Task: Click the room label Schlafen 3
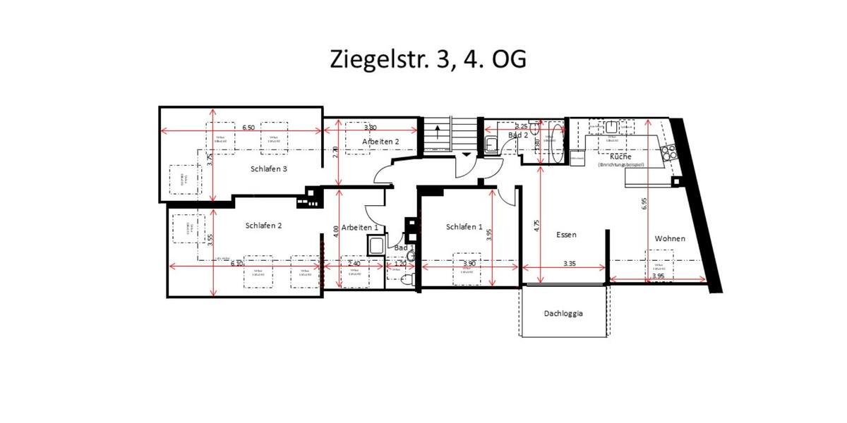(268, 168)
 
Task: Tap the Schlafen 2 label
(264, 226)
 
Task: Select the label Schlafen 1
(464, 227)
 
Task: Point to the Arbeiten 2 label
(380, 142)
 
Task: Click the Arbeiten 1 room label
(360, 228)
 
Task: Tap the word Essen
(566, 235)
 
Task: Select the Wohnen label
(669, 238)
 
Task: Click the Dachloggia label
(563, 314)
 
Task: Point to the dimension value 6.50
(248, 128)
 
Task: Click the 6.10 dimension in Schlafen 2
(236, 263)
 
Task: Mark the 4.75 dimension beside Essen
(537, 226)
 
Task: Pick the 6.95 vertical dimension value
(644, 204)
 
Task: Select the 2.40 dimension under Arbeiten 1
(354, 264)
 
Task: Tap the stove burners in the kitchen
(668, 152)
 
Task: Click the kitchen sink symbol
(611, 127)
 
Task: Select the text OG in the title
(507, 59)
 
